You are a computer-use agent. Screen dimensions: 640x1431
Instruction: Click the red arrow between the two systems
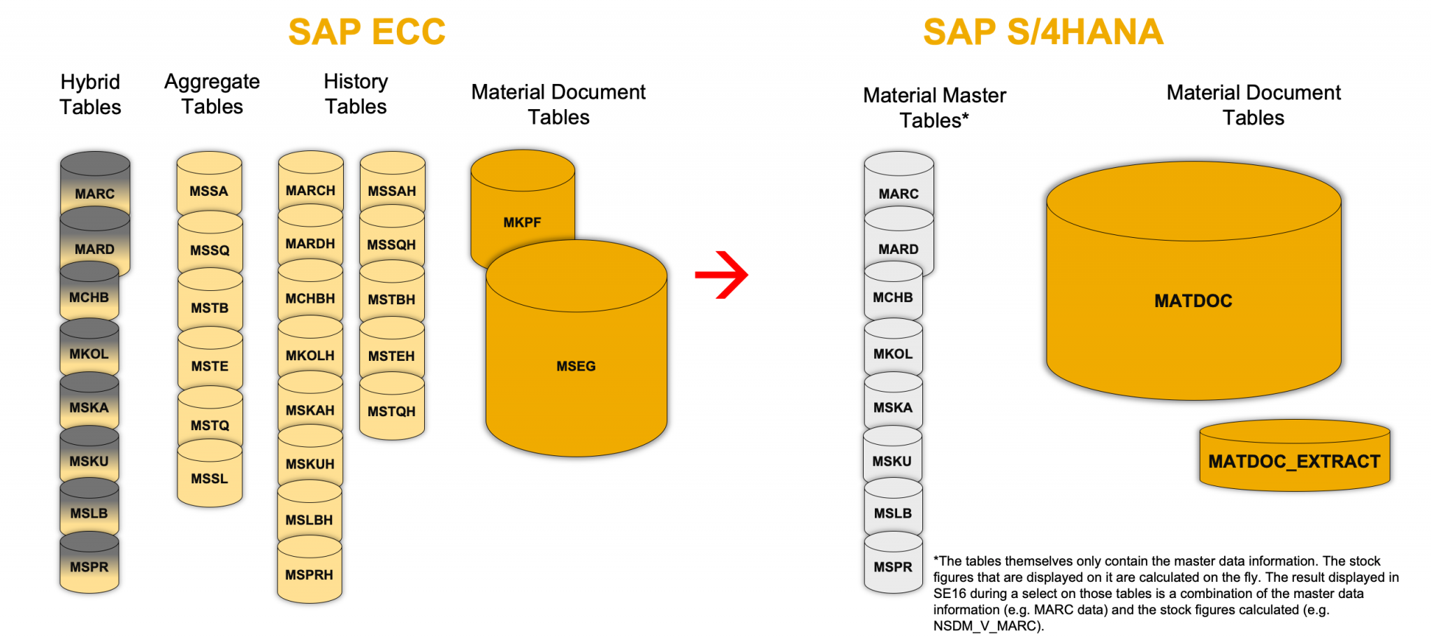[722, 274]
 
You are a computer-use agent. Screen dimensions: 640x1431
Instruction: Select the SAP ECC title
[367, 32]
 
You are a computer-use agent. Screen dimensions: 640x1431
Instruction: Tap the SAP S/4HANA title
[1043, 32]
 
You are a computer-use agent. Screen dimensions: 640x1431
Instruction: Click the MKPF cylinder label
[522, 222]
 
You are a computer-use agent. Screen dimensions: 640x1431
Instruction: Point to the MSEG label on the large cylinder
[576, 366]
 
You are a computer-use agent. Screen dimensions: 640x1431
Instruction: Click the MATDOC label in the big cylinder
[1193, 301]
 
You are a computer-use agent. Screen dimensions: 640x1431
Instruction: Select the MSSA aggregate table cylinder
[209, 190]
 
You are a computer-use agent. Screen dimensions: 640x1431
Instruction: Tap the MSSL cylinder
[209, 478]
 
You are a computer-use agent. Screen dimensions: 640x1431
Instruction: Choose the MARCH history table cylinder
[310, 190]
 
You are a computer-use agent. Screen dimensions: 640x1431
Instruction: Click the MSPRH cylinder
[309, 574]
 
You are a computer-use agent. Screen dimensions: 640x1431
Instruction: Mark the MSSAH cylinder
[392, 191]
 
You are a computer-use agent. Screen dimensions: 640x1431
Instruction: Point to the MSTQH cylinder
[391, 411]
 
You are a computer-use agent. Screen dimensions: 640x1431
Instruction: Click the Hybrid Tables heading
[90, 94]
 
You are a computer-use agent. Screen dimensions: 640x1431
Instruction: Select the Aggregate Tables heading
[212, 94]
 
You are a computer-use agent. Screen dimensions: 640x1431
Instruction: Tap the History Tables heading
[356, 94]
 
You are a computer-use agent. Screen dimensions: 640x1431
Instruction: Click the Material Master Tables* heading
[934, 108]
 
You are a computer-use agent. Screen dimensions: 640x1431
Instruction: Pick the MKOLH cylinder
[310, 355]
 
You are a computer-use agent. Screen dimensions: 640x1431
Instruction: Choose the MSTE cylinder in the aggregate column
[210, 366]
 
